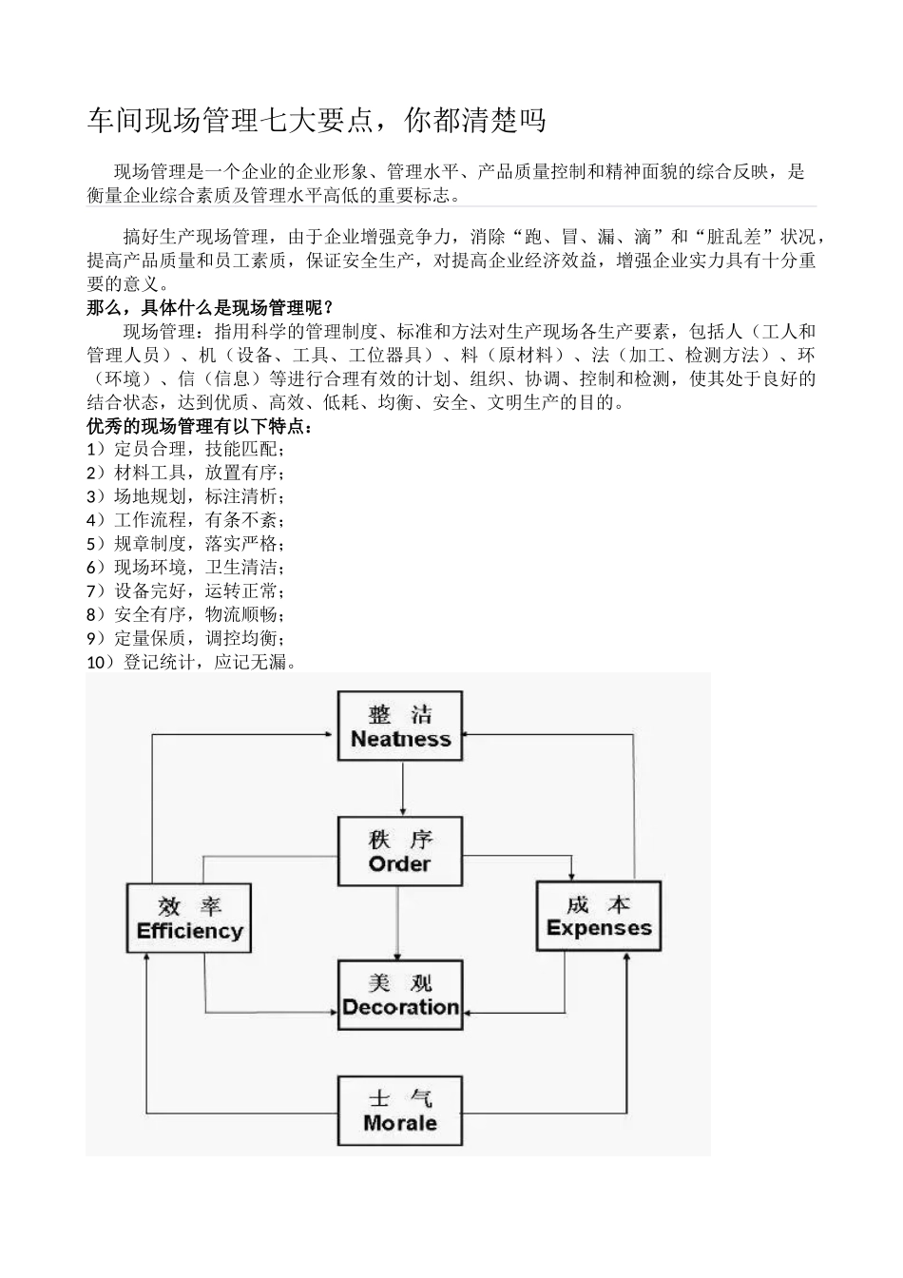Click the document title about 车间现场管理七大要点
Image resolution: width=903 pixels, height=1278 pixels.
(x=317, y=121)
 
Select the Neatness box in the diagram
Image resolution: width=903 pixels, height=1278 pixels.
(x=400, y=726)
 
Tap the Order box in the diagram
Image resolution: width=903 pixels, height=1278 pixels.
(x=400, y=852)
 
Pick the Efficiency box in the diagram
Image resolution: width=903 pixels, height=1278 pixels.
(x=189, y=918)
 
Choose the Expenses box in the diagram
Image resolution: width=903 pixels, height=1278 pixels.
(x=599, y=916)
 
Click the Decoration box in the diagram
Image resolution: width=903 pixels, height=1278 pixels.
(x=400, y=995)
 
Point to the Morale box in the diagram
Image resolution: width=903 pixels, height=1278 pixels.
(x=400, y=1111)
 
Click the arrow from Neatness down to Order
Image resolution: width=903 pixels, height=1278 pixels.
(x=403, y=788)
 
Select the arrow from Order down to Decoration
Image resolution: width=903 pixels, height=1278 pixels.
(x=398, y=922)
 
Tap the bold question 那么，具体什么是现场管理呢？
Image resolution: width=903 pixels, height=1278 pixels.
(x=210, y=307)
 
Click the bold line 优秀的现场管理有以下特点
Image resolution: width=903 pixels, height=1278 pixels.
(x=200, y=426)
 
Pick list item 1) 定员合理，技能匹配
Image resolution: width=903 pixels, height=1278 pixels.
(x=185, y=449)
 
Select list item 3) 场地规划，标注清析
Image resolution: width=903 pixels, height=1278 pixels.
(x=185, y=496)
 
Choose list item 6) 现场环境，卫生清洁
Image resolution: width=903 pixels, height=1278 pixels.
(x=185, y=568)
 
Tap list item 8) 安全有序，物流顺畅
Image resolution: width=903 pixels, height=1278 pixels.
(x=185, y=614)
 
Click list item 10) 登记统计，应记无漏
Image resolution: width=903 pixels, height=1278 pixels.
(x=192, y=662)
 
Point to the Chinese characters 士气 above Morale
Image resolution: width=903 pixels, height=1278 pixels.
(x=400, y=1098)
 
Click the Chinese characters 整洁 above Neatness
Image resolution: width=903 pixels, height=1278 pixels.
(x=400, y=714)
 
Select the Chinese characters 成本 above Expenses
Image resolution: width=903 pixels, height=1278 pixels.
(x=599, y=903)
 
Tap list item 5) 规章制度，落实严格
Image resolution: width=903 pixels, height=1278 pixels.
(x=185, y=544)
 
